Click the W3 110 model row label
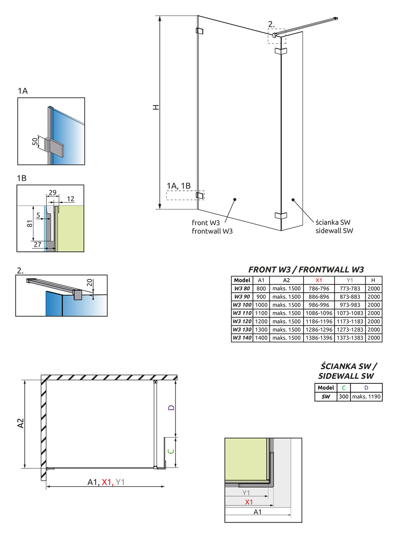tap(242, 313)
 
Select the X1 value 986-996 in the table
tap(319, 305)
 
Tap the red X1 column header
tap(319, 280)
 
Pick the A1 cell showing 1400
tap(261, 338)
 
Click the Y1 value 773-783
tap(350, 288)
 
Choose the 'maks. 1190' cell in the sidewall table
tap(366, 397)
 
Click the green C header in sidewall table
tap(344, 388)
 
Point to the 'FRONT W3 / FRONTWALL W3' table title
tap(306, 270)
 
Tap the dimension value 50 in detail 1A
tap(35, 141)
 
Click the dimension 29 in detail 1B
tap(53, 193)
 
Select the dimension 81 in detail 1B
tap(29, 223)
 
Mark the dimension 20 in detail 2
tap(90, 283)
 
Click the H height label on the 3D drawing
tap(156, 107)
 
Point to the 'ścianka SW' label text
tap(333, 222)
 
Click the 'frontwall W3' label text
tap(212, 231)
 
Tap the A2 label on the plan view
tap(20, 423)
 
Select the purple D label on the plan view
tap(171, 408)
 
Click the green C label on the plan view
tap(171, 451)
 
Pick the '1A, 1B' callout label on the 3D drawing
tap(179, 186)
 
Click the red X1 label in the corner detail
tap(249, 502)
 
